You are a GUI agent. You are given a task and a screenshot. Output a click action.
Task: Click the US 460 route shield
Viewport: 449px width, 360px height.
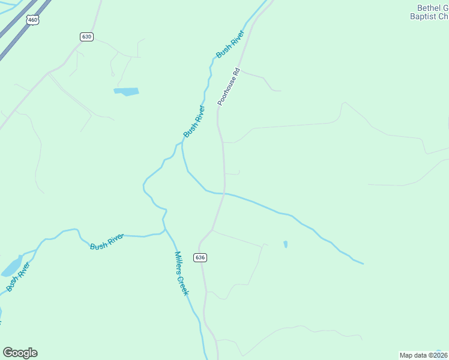(32, 20)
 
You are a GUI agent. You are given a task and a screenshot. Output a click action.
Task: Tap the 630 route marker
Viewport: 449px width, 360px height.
(86, 37)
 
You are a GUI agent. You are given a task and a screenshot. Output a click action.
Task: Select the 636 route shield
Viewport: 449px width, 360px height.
(200, 257)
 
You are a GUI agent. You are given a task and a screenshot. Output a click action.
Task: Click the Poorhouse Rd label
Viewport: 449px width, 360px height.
(229, 87)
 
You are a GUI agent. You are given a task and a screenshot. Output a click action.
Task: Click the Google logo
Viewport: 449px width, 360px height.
(20, 353)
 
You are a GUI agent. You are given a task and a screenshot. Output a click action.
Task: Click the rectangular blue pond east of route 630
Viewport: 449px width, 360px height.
(126, 92)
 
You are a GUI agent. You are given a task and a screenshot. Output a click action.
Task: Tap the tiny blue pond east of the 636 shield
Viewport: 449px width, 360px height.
(285, 244)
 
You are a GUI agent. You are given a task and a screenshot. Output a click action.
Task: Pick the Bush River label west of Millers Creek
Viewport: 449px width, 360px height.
(107, 242)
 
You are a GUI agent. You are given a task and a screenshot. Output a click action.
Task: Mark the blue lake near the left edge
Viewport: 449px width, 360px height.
(10, 268)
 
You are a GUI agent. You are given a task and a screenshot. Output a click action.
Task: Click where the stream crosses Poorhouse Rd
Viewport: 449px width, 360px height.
(224, 194)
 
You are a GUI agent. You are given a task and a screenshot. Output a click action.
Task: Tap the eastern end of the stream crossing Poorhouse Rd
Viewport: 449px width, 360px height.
(362, 263)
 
